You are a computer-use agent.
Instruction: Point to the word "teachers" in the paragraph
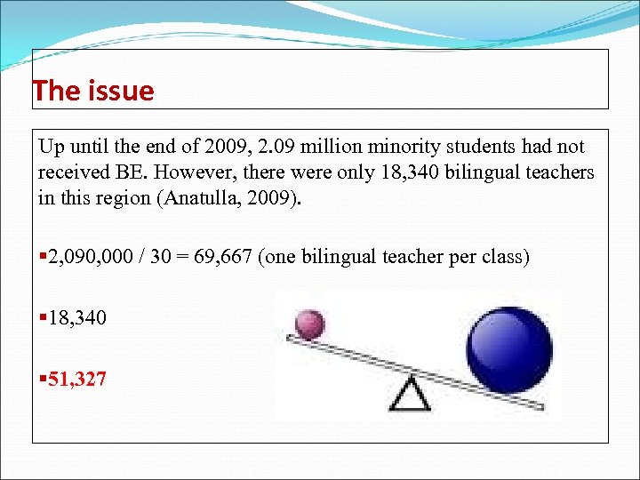pyautogui.click(x=559, y=172)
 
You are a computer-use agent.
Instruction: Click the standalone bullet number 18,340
pyautogui.click(x=77, y=316)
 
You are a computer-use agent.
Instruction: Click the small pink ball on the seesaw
pyautogui.click(x=309, y=323)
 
